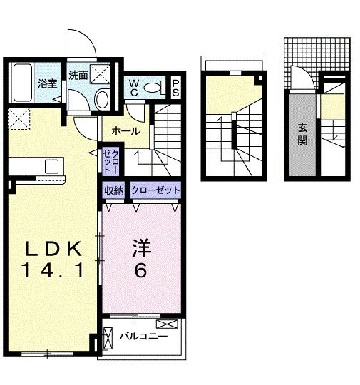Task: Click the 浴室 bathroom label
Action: point(47,82)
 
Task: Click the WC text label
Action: point(133,88)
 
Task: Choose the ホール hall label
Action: point(125,131)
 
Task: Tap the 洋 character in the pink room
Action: point(141,250)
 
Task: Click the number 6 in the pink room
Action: point(141,270)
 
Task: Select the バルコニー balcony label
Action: point(143,335)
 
